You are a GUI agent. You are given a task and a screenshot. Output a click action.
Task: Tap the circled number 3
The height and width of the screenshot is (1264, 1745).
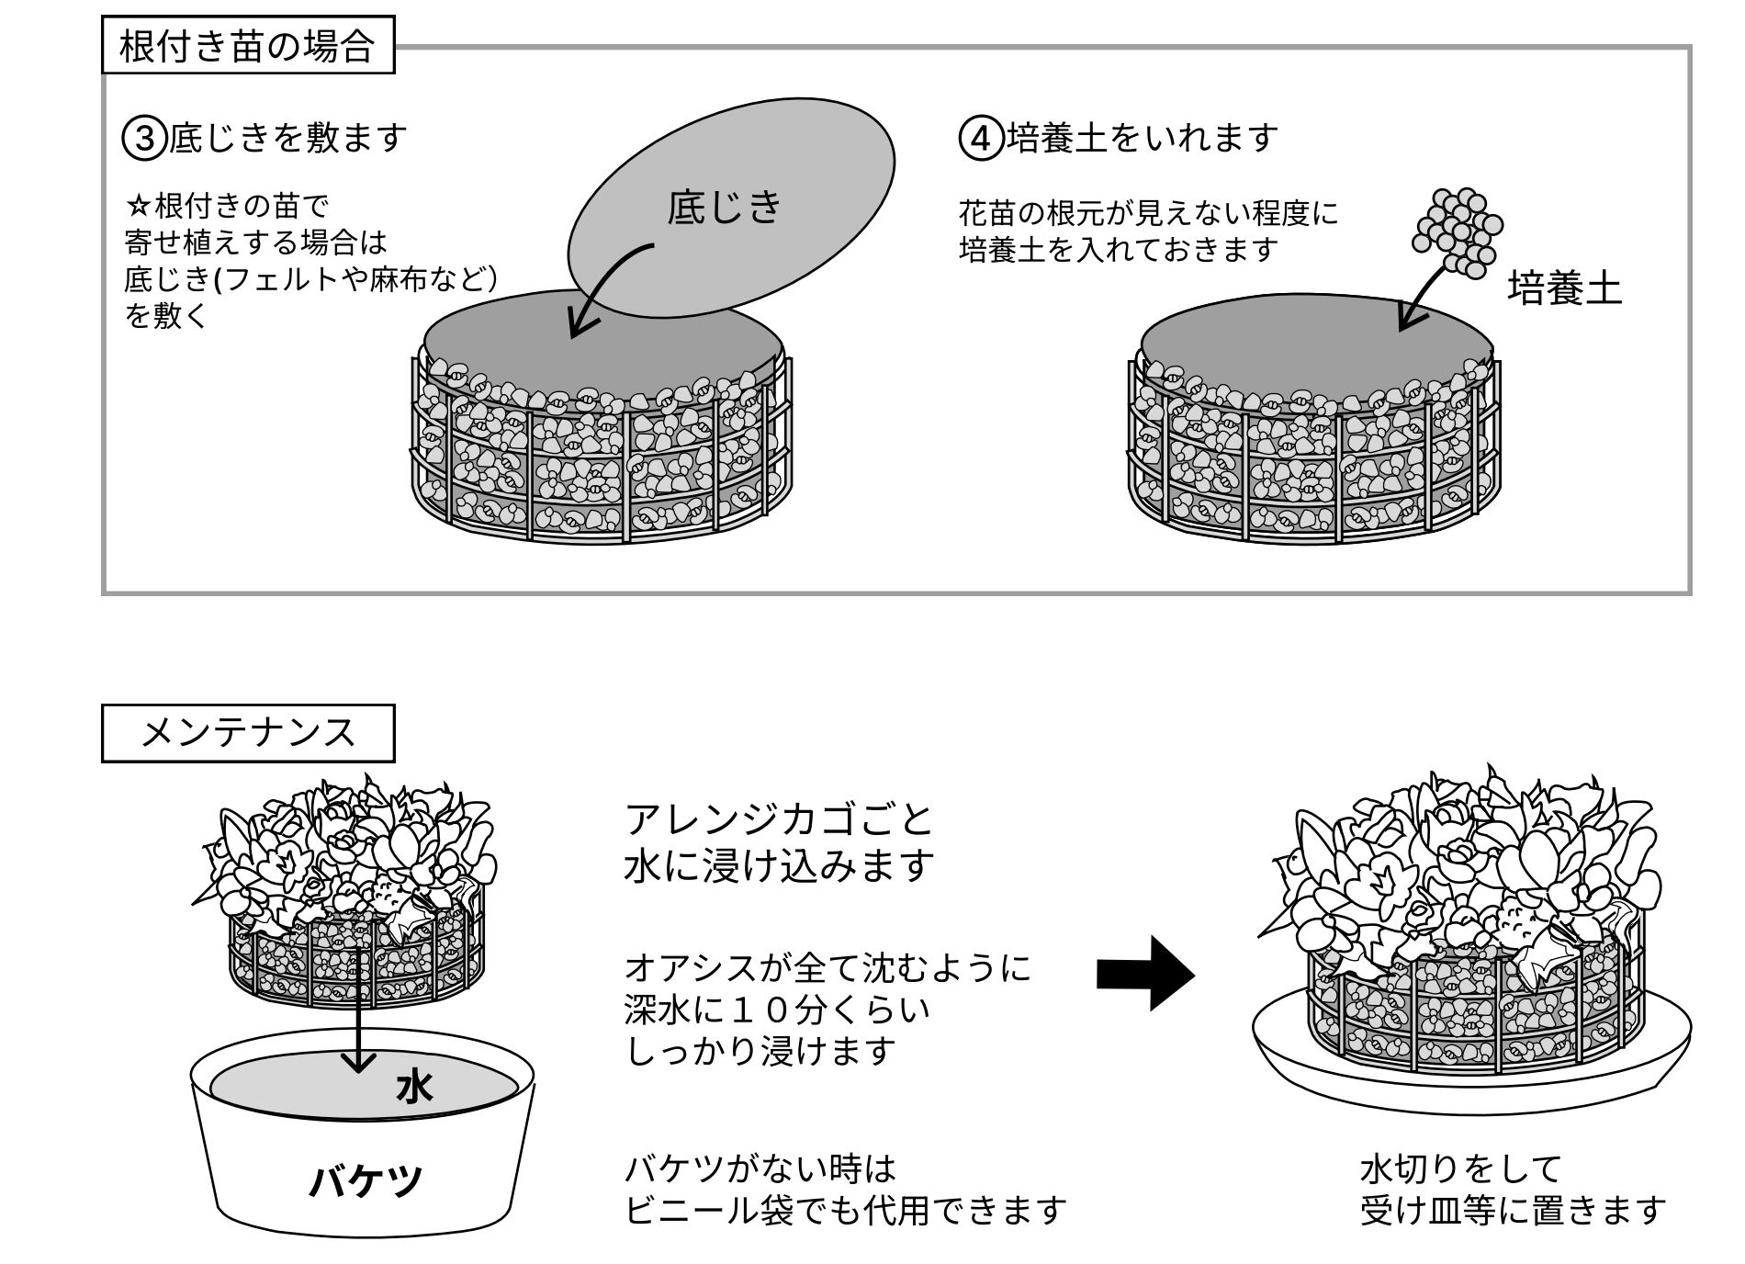pos(144,138)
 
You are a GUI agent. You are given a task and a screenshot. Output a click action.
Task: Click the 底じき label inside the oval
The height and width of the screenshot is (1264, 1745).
pos(725,207)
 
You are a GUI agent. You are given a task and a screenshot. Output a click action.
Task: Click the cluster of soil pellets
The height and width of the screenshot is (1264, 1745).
pos(1458,233)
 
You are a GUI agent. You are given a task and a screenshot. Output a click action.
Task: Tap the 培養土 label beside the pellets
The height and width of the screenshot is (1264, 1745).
pos(1565,288)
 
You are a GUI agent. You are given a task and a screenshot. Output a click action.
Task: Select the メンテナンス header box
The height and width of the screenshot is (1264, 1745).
pos(247,733)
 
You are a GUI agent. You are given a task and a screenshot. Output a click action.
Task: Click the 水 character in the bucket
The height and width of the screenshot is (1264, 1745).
pos(414,1088)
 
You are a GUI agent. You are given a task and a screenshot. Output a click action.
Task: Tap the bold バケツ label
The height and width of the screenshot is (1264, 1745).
pos(365,1180)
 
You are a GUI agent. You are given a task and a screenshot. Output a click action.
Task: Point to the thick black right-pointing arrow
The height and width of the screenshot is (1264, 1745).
pos(1145,974)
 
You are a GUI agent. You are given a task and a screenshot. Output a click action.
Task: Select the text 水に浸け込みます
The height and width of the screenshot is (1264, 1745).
pos(779,865)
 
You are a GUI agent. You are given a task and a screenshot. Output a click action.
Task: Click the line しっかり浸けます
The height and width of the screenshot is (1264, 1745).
pos(760,1051)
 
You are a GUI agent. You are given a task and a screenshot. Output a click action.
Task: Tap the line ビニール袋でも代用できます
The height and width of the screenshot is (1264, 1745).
pos(845,1211)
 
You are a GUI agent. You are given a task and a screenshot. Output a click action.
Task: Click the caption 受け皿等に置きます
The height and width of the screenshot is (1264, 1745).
pos(1513,1211)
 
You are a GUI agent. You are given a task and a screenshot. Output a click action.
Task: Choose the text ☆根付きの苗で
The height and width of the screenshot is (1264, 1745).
pos(227,204)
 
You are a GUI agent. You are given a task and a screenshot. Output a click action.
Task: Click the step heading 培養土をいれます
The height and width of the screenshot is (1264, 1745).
pos(1143,138)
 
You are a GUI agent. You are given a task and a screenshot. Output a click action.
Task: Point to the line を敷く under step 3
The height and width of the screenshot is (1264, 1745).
pos(166,316)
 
